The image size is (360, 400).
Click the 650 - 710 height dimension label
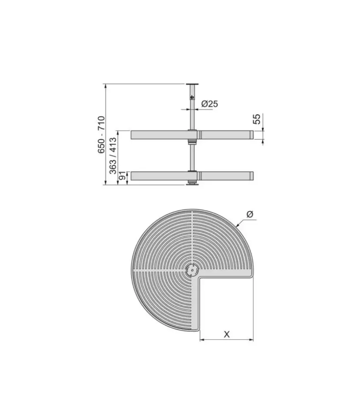101,134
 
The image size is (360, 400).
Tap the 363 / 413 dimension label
113,156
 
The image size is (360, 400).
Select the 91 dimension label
123,175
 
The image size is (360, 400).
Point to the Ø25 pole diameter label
209,104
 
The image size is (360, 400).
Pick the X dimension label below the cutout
227,334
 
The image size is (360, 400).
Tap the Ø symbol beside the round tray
250,214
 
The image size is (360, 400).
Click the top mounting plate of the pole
192,84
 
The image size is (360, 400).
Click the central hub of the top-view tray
192,270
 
